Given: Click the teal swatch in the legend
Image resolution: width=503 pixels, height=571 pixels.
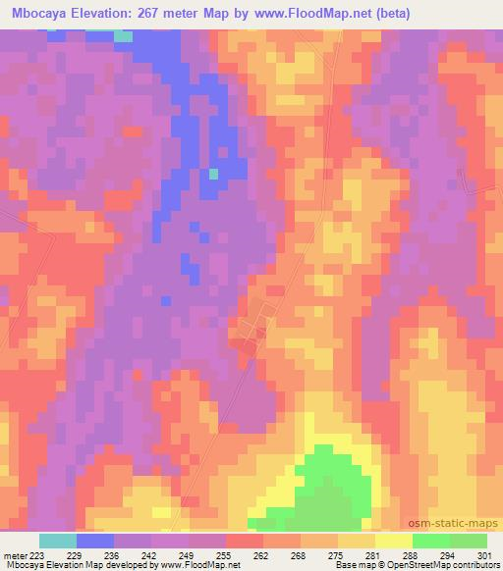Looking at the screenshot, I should pyautogui.click(x=58, y=541).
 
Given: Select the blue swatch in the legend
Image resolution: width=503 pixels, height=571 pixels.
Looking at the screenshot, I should pyautogui.click(x=95, y=541).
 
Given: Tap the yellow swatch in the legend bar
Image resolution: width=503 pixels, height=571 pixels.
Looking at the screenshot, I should pyautogui.click(x=394, y=541).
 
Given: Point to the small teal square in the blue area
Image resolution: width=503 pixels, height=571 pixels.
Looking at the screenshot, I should pyautogui.click(x=213, y=174).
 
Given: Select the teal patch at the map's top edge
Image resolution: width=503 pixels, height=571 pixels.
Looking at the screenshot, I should pyautogui.click(x=122, y=36).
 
